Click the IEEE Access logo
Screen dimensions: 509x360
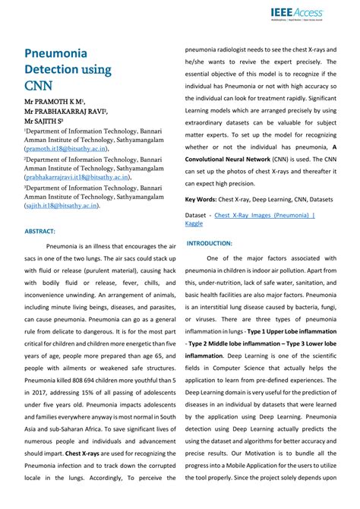tap(296, 13)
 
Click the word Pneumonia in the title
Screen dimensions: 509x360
tap(55, 54)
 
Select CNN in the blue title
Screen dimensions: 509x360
tap(38, 86)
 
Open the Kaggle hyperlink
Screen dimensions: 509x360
tap(194, 224)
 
